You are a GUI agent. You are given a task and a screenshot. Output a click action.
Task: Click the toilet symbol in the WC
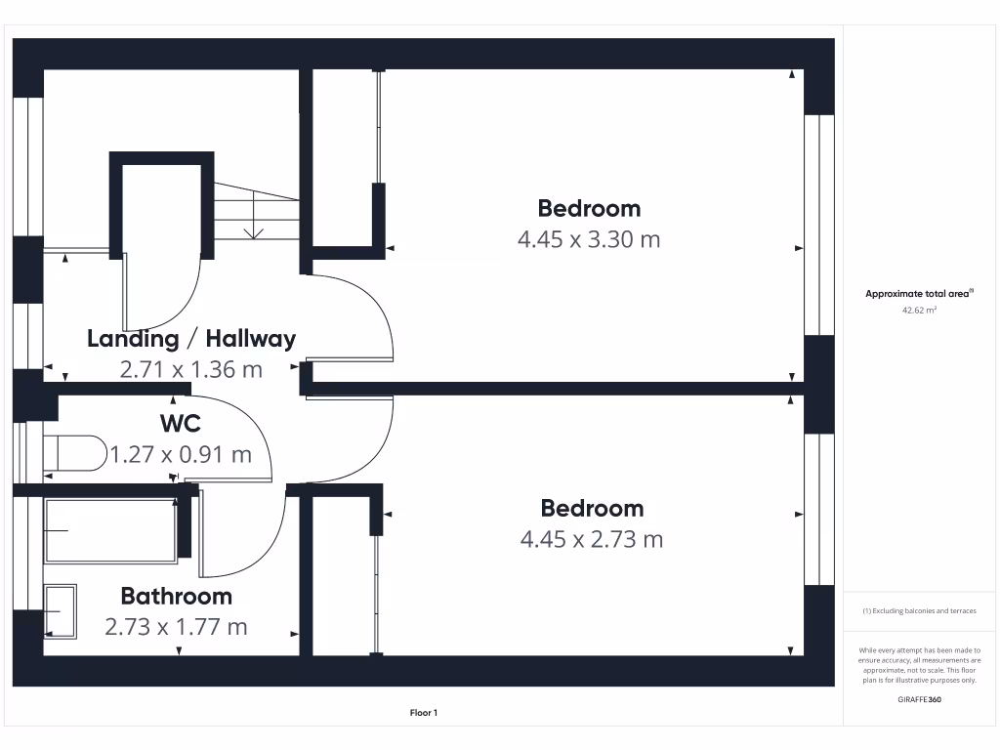coord(76,453)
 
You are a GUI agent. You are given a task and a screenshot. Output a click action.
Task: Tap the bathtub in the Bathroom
coord(109,530)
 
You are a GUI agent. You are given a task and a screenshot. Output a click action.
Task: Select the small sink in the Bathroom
coord(61,611)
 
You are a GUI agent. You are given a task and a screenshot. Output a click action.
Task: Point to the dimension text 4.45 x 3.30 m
coord(589,238)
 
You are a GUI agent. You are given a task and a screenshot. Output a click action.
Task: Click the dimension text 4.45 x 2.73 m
coord(592,538)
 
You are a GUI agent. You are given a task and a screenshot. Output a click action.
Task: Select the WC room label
coord(181,424)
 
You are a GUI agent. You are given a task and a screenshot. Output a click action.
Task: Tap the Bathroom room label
coord(176,596)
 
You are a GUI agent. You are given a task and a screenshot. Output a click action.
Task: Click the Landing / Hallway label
coord(191,339)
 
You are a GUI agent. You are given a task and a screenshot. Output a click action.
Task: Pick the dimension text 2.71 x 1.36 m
coord(191,369)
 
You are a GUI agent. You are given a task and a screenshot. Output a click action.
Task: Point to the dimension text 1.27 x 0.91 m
coord(181,454)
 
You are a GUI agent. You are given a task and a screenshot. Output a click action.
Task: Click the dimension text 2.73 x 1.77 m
coord(176,626)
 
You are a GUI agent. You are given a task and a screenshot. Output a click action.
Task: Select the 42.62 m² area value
coord(919,311)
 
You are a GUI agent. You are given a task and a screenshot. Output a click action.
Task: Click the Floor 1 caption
coord(424,714)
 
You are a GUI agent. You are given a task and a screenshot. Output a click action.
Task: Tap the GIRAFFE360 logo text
coord(919,699)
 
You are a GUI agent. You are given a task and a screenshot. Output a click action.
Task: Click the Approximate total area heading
coord(918,293)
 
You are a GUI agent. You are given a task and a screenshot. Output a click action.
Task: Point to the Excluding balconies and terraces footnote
coord(919,611)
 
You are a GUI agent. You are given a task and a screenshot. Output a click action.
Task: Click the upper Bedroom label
coord(589,208)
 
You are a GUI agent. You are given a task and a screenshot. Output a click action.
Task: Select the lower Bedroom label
coord(592,508)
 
